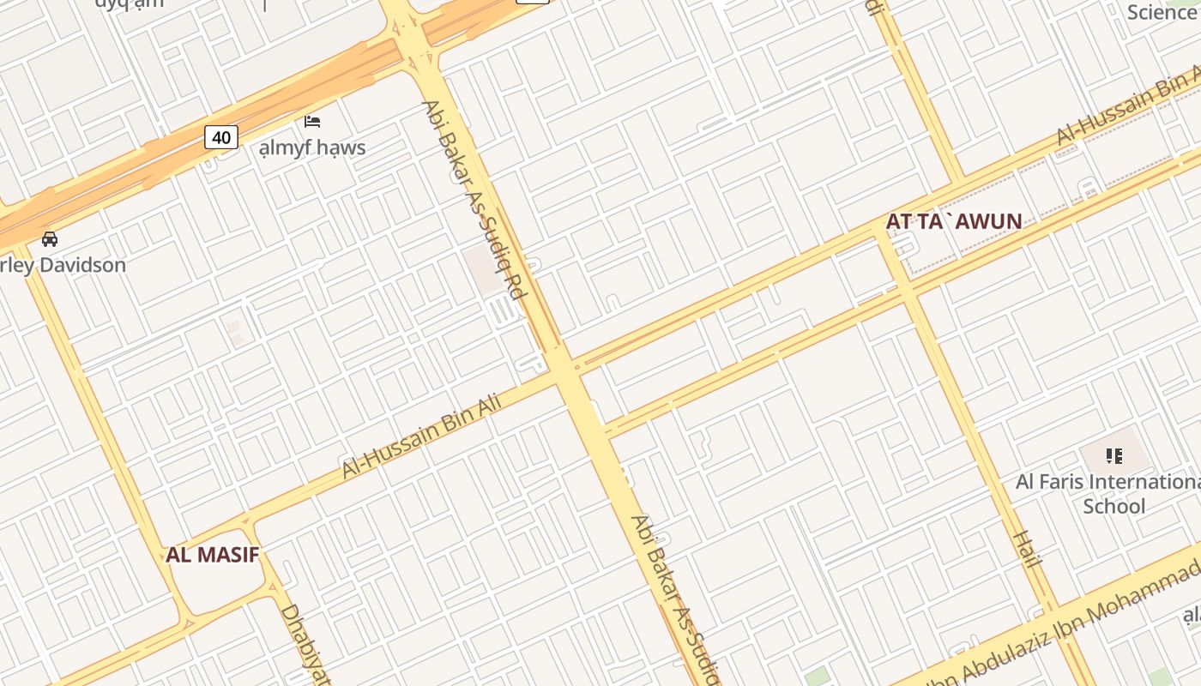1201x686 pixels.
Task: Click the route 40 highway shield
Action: tap(220, 136)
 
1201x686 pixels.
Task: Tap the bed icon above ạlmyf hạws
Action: tap(312, 122)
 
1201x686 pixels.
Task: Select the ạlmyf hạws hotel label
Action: tap(312, 147)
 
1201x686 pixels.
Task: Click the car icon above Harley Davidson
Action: tap(50, 239)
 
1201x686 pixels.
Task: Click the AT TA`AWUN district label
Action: tap(953, 221)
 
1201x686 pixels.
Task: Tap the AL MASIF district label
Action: tap(212, 554)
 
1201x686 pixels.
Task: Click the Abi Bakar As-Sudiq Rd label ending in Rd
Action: tap(474, 199)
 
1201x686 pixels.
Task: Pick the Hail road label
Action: tap(1026, 550)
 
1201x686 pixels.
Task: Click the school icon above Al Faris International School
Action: tap(1113, 455)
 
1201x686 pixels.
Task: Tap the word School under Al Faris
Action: tap(1113, 506)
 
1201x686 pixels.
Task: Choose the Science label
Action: tap(1162, 12)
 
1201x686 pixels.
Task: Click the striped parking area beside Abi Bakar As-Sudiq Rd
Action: tap(502, 309)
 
